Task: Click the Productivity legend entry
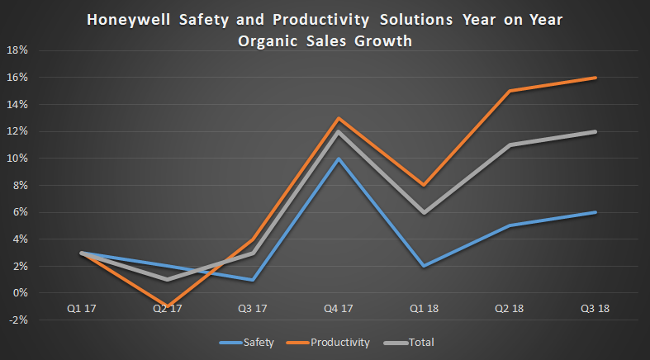pyautogui.click(x=340, y=342)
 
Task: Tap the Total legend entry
pyautogui.click(x=420, y=342)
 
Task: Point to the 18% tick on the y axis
pyautogui.click(x=17, y=50)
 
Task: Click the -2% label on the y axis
pyautogui.click(x=17, y=320)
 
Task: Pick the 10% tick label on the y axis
pyautogui.click(x=17, y=159)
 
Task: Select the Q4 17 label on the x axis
pyautogui.click(x=338, y=309)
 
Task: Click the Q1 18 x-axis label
pyautogui.click(x=424, y=309)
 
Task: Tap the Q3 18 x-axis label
pyautogui.click(x=595, y=309)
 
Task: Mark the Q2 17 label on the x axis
pyautogui.click(x=166, y=309)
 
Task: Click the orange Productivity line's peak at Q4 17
pyautogui.click(x=338, y=118)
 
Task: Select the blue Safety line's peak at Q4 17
pyautogui.click(x=338, y=159)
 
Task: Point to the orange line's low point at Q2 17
pyautogui.click(x=166, y=306)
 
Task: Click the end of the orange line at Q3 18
pyautogui.click(x=595, y=78)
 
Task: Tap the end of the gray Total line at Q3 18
pyautogui.click(x=595, y=131)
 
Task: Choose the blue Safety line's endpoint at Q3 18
pyautogui.click(x=595, y=212)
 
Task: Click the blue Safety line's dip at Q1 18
pyautogui.click(x=424, y=266)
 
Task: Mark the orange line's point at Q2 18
pyautogui.click(x=510, y=91)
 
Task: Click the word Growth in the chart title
pyautogui.click(x=382, y=40)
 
